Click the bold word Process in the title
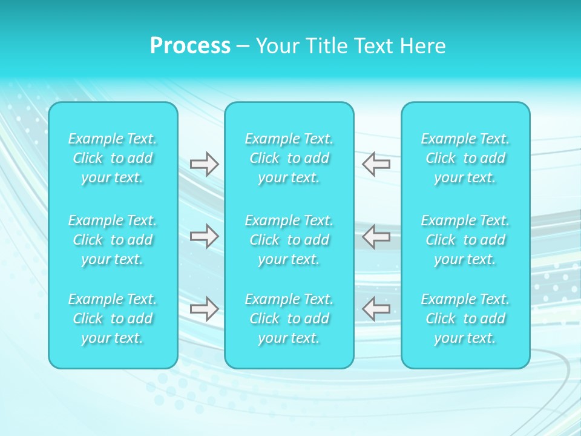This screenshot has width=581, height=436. click(x=190, y=46)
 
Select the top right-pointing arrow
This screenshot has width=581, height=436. click(x=204, y=164)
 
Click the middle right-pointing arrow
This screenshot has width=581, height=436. click(x=204, y=236)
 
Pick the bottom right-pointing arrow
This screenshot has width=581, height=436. click(x=204, y=309)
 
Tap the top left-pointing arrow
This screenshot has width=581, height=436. click(x=376, y=164)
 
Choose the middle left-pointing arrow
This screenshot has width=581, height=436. click(x=376, y=236)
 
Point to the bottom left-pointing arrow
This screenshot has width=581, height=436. click(x=376, y=309)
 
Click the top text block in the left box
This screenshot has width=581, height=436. click(x=113, y=158)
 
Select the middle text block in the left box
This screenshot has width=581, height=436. click(x=113, y=240)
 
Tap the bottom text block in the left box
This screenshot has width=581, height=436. click(x=113, y=319)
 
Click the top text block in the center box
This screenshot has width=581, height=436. click(x=289, y=158)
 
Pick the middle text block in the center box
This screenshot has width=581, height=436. click(x=289, y=240)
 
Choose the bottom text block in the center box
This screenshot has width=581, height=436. click(x=289, y=319)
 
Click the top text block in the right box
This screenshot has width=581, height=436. click(x=465, y=158)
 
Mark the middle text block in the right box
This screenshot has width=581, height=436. click(x=465, y=240)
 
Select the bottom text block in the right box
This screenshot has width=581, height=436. click(x=465, y=319)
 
